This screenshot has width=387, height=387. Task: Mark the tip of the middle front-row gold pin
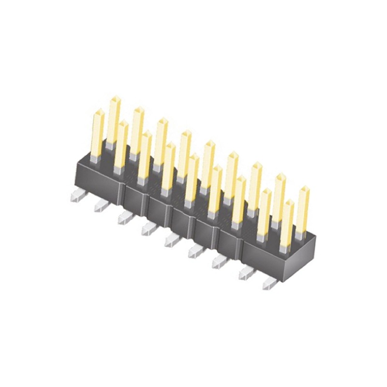click(x=194, y=157)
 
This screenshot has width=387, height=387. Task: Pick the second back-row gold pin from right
click(x=279, y=198)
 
